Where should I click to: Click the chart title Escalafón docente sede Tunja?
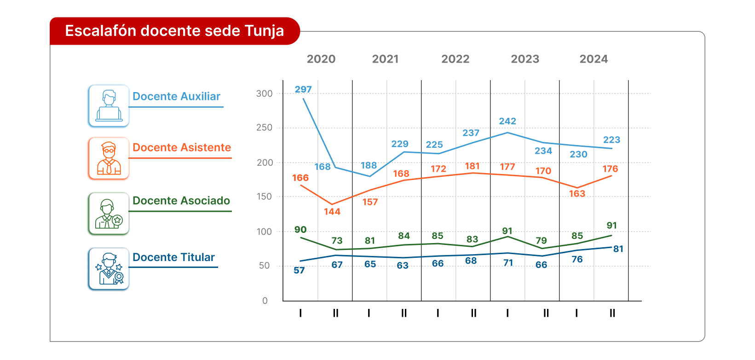[x=174, y=31]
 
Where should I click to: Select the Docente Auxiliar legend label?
[x=176, y=97]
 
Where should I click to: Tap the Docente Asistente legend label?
[x=182, y=148]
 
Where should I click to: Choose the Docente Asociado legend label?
[x=181, y=201]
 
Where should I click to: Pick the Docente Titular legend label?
[x=173, y=257]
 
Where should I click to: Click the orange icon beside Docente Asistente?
[x=109, y=158]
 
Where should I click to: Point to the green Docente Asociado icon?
[x=109, y=214]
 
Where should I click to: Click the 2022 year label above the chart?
[x=455, y=59]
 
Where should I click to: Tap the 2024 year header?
[x=594, y=59]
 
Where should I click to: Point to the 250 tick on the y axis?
[x=264, y=128]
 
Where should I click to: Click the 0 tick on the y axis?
[x=265, y=301]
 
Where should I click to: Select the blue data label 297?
[x=303, y=90]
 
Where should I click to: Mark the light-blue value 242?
[x=507, y=121]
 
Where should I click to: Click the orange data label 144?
[x=332, y=212]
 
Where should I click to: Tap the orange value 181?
[x=472, y=166]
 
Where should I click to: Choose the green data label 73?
[x=337, y=241]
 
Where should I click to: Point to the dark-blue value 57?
[x=299, y=271]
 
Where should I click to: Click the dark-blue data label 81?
[x=618, y=249]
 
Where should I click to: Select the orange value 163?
[x=577, y=194]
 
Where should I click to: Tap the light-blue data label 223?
[x=611, y=140]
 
